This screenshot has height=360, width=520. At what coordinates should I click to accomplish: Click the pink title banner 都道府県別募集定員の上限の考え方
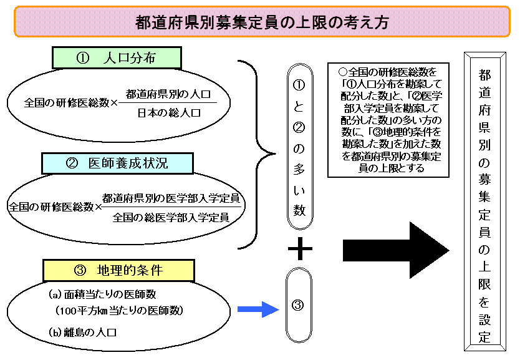[x=262, y=22]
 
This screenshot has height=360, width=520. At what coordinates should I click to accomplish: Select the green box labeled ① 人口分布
[x=116, y=58]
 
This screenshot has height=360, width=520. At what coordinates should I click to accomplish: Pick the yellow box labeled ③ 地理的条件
[x=118, y=270]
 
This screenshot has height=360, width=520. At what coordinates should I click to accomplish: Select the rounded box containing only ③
[x=298, y=306]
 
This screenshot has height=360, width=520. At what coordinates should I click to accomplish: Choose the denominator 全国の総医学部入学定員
[x=171, y=217]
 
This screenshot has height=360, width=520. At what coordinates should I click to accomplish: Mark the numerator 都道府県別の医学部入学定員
[x=171, y=199]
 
